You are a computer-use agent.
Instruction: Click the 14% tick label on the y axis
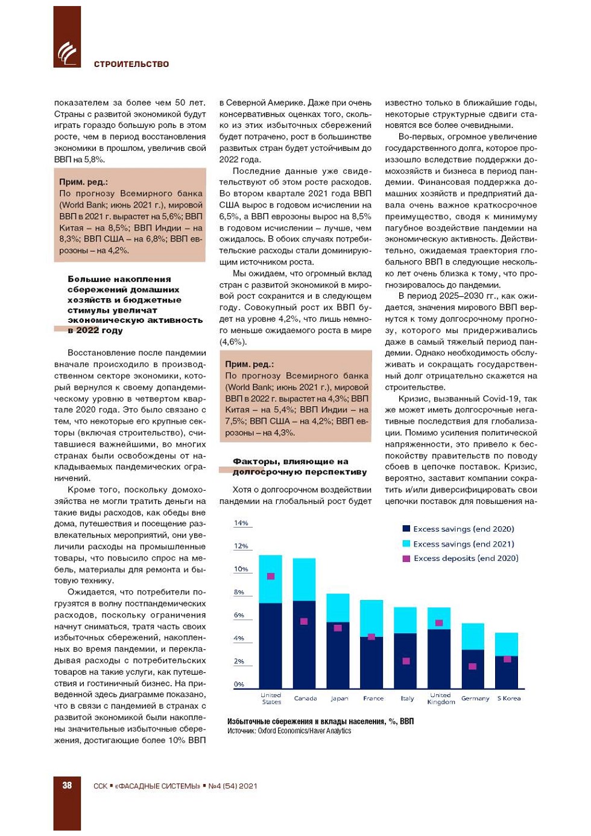coord(241,523)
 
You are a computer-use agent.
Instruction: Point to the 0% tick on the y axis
coord(239,684)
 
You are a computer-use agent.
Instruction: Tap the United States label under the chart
coord(271,698)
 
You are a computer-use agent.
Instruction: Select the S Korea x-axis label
coord(509,698)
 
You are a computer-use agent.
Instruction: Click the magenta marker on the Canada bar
coord(304,621)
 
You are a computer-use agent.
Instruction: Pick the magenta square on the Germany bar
coord(472,666)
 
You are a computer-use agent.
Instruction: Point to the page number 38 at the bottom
coord(67,785)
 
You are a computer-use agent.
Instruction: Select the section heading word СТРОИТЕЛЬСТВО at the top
coord(131,64)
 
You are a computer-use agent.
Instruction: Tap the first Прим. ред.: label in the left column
coord(83,182)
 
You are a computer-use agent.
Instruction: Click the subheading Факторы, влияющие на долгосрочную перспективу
coord(299,467)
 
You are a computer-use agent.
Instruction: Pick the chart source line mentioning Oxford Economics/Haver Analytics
coord(289,731)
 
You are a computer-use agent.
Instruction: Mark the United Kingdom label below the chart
coord(441,698)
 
